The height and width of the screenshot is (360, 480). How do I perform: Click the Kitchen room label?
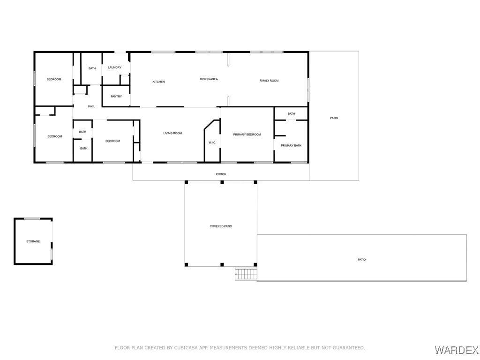pyautogui.click(x=158, y=82)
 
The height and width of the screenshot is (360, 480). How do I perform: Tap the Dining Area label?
pyautogui.click(x=209, y=79)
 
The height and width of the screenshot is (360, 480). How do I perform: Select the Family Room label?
pyautogui.click(x=269, y=81)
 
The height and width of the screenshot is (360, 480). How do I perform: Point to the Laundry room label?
pyautogui.click(x=114, y=67)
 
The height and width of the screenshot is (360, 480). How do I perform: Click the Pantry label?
pyautogui.click(x=116, y=97)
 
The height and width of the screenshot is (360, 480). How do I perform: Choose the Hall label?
pyautogui.click(x=91, y=106)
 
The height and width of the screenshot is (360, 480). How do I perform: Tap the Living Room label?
pyautogui.click(x=172, y=133)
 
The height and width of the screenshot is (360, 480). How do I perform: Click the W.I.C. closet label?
pyautogui.click(x=212, y=142)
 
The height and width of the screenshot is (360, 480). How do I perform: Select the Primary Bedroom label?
pyautogui.click(x=247, y=135)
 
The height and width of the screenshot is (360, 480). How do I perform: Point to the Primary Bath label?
pyautogui.click(x=291, y=145)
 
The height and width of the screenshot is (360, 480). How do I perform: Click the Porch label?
pyautogui.click(x=221, y=174)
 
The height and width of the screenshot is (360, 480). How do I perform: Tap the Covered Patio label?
pyautogui.click(x=221, y=226)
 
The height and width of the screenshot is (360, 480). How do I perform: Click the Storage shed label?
pyautogui.click(x=33, y=241)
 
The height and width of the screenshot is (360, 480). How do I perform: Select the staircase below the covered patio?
pyautogui.click(x=246, y=274)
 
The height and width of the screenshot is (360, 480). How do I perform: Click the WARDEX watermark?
pyautogui.click(x=457, y=350)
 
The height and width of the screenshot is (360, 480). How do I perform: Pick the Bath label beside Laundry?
pyautogui.click(x=92, y=68)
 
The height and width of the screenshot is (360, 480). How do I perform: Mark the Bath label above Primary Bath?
pyautogui.click(x=291, y=114)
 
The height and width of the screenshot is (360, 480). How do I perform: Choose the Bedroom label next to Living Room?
pyautogui.click(x=112, y=141)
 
